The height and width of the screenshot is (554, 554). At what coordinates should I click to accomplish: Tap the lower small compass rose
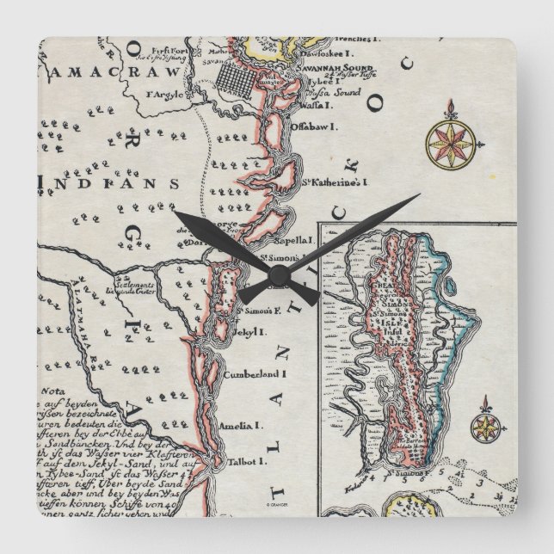click(486, 424)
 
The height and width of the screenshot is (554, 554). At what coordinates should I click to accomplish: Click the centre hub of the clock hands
click(277, 277)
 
